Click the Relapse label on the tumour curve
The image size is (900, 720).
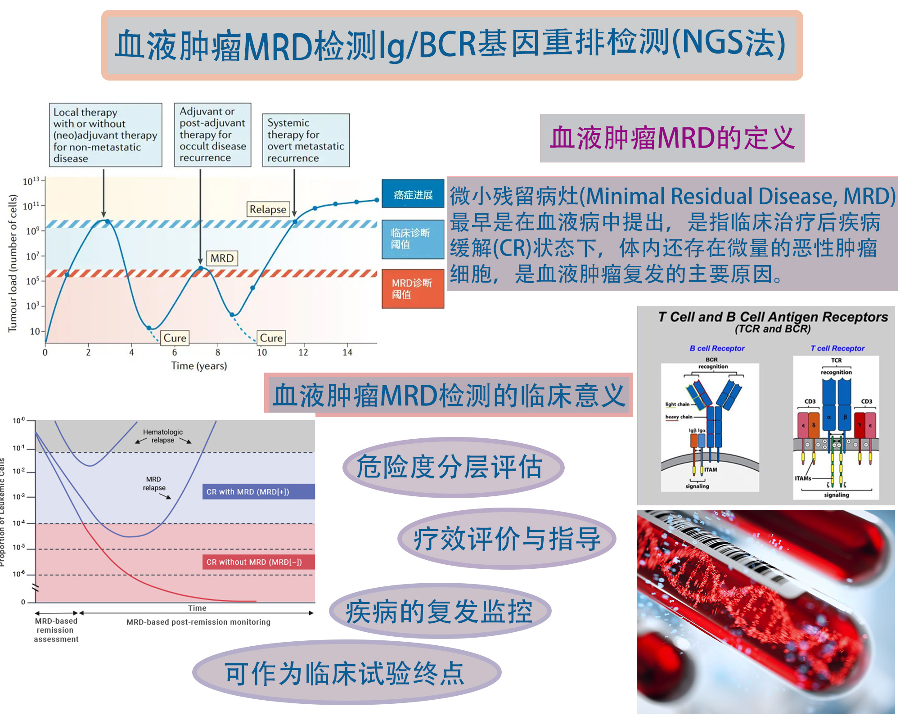pos(268,209)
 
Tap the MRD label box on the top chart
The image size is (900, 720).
pos(222,258)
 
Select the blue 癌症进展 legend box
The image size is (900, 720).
pos(413,194)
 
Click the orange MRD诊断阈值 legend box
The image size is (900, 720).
pos(413,288)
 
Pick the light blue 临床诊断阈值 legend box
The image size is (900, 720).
pos(413,239)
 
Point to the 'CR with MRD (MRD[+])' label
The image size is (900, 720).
pos(258,492)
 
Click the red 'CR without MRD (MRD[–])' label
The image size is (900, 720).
pos(258,562)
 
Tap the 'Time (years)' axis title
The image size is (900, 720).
pos(199,366)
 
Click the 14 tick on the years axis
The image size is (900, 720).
pos(347,352)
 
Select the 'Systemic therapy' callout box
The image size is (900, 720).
pos(306,140)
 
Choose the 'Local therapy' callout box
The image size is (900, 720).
pos(105,135)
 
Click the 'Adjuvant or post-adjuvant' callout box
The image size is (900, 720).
pos(212,135)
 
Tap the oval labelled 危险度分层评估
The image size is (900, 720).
pos(453,467)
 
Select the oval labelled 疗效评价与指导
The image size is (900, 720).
pos(507,539)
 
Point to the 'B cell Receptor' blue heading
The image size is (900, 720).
pos(717,348)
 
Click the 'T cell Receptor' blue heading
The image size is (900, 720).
pos(837,348)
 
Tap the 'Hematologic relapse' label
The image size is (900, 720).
pos(163,436)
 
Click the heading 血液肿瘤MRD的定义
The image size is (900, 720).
pos(672,138)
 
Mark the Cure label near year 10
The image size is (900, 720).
pos(271,338)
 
